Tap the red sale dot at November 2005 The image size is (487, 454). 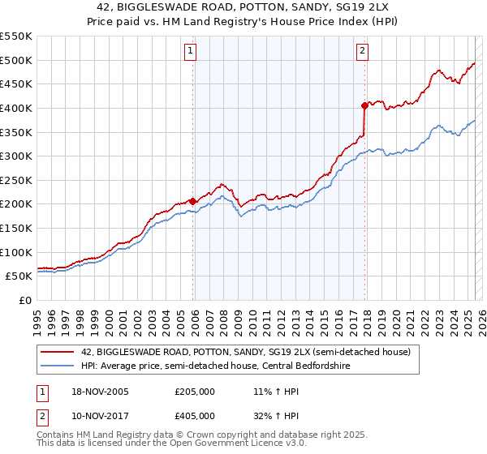(192, 201)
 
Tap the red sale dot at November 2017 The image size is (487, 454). (364, 105)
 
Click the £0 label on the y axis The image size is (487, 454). (25, 300)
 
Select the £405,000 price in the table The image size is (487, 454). (195, 416)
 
